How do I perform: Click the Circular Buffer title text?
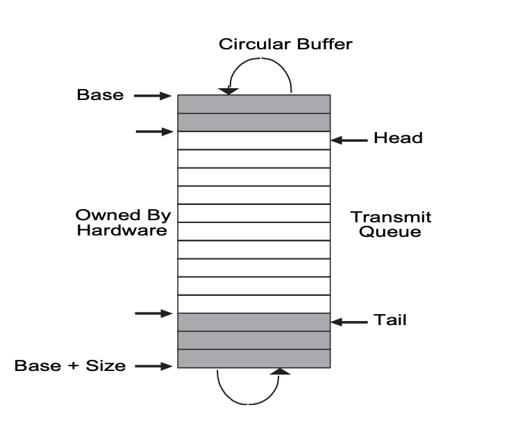point(285,44)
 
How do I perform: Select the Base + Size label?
point(70,365)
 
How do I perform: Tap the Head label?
point(398,138)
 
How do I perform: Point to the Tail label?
point(390,321)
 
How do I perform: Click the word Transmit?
point(391,217)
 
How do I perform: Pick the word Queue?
point(390,231)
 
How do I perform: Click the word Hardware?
point(122,231)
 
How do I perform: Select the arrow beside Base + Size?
point(153,365)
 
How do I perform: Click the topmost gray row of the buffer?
point(253,104)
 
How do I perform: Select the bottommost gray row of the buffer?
point(253,358)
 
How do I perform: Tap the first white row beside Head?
point(253,140)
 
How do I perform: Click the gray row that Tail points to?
point(253,322)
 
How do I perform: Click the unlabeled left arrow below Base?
point(153,131)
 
